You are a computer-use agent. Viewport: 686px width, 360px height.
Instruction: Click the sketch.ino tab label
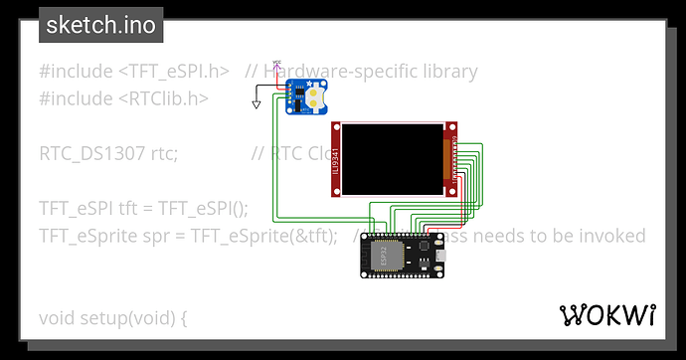point(100,25)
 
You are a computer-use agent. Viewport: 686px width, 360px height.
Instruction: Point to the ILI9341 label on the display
point(337,159)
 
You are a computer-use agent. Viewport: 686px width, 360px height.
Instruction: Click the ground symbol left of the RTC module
point(257,102)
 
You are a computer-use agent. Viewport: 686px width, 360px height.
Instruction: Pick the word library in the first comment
point(442,72)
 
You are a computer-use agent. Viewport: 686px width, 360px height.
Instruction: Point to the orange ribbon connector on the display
point(445,159)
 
